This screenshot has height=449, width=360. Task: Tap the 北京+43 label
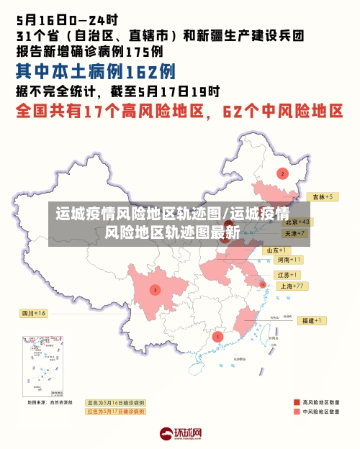[296, 222]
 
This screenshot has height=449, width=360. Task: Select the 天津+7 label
[294, 234]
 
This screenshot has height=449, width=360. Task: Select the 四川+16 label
[33, 314]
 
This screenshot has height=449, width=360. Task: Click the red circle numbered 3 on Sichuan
[155, 290]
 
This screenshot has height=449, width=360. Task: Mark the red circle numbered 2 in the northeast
[282, 173]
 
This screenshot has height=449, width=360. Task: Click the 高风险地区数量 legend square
[297, 402]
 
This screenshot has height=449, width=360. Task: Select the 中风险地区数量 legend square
[297, 412]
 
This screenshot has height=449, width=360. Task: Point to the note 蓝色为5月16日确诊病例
[115, 402]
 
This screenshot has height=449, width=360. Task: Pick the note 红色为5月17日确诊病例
[115, 411]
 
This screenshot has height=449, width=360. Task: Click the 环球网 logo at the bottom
[180, 434]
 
